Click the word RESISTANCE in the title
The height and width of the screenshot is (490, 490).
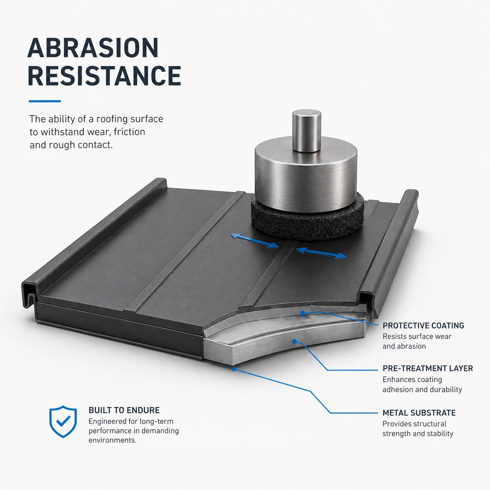pyautogui.click(x=104, y=75)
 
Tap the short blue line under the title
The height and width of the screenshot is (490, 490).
pyautogui.click(x=45, y=101)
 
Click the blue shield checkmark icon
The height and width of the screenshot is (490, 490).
pyautogui.click(x=63, y=421)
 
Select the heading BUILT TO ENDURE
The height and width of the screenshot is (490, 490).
pyautogui.click(x=124, y=410)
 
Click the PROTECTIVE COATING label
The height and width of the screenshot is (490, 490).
pyautogui.click(x=424, y=325)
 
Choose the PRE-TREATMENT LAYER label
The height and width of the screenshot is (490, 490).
pyautogui.click(x=428, y=368)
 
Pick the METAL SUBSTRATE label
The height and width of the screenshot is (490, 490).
pyautogui.click(x=419, y=413)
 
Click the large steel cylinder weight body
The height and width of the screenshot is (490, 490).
pyautogui.click(x=306, y=178)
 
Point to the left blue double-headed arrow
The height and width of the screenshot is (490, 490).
pyautogui.click(x=254, y=241)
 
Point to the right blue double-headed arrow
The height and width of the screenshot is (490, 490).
pyautogui.click(x=321, y=253)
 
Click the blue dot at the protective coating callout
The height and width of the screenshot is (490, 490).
pyautogui.click(x=302, y=313)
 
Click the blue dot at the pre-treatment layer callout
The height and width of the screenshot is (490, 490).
pyautogui.click(x=295, y=341)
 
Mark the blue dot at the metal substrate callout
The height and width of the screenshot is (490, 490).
pyautogui.click(x=234, y=368)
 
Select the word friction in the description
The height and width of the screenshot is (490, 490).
pyautogui.click(x=129, y=132)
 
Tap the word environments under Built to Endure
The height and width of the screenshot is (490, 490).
pyautogui.click(x=113, y=440)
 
